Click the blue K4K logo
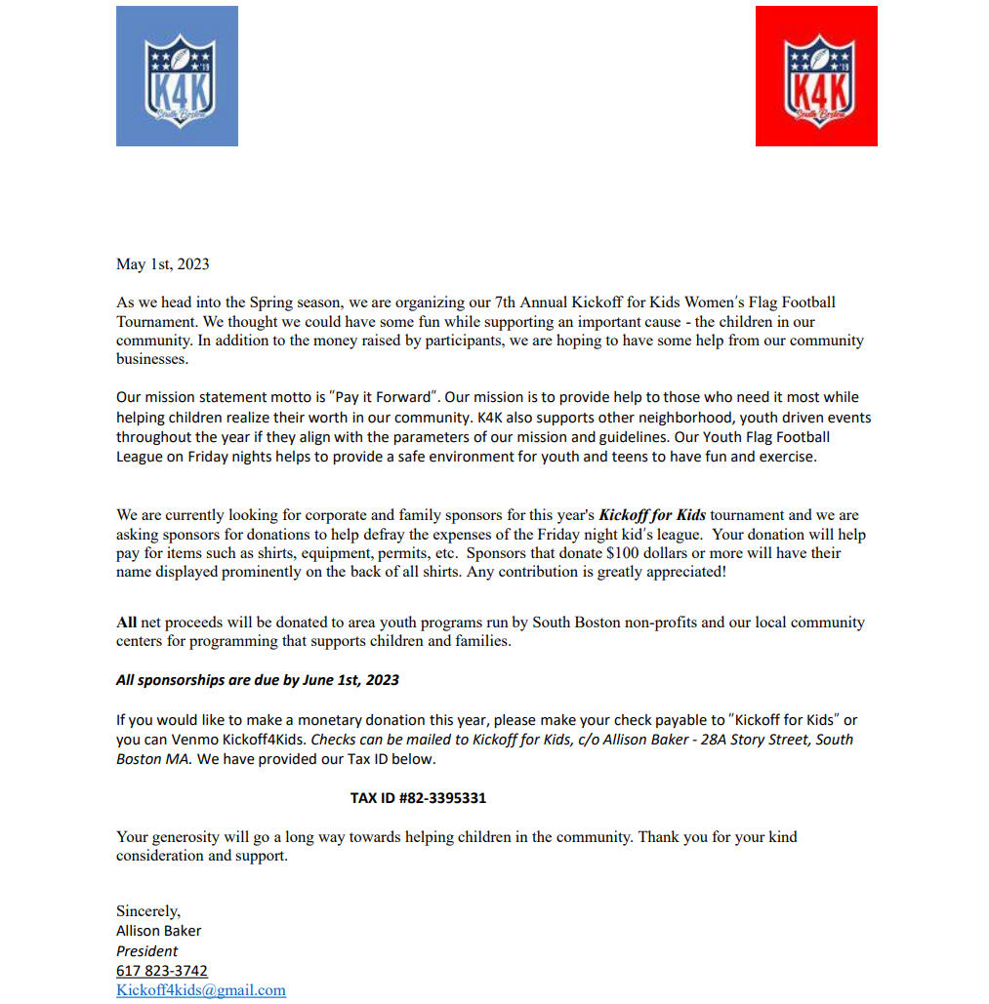point(177,76)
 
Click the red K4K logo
point(816,76)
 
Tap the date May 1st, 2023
point(163,264)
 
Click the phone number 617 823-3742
point(162,971)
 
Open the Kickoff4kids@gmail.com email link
point(201,990)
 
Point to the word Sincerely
point(148,911)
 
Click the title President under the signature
point(147,951)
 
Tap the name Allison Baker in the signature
point(159,931)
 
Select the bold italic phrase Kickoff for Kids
point(652,515)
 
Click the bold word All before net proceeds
point(127,622)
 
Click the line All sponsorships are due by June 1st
point(258,680)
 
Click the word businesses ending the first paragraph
point(151,359)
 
